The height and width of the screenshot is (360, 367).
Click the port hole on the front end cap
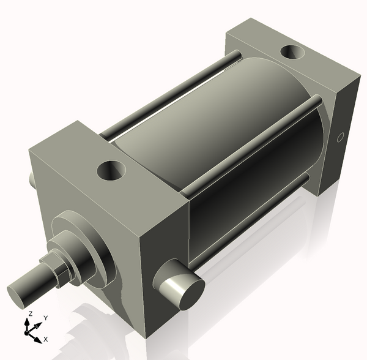tap(111, 169)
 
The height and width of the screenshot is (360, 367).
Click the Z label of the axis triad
tap(28, 313)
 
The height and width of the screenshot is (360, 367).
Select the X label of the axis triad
tap(45, 339)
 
